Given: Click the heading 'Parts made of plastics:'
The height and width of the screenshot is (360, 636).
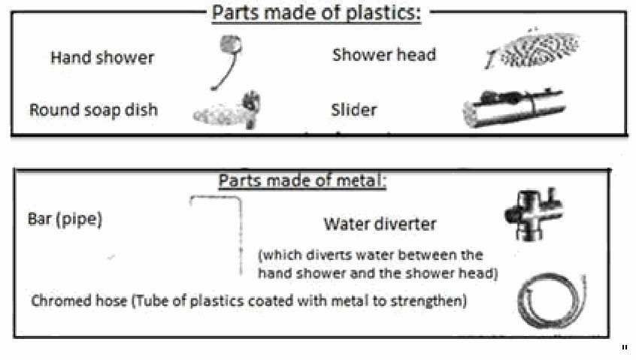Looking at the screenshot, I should (316, 13).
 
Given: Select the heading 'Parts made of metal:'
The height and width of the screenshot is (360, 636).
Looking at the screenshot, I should (302, 181).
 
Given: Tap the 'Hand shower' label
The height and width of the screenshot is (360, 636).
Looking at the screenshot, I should (102, 57).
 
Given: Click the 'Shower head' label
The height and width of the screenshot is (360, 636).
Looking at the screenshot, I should (383, 55).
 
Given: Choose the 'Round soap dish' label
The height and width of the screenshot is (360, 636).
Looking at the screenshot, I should (93, 110).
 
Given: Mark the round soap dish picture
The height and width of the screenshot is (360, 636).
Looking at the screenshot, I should (228, 110).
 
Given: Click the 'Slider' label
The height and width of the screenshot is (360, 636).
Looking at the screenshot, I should (353, 110).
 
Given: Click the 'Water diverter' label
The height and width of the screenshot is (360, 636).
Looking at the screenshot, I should (380, 224).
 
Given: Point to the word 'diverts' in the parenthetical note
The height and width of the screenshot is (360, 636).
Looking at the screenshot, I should (321, 256).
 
